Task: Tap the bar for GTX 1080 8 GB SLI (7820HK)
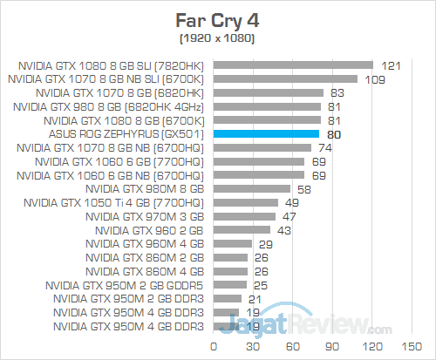click(x=293, y=65)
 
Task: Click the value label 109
click(x=374, y=78)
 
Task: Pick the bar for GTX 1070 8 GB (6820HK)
click(x=269, y=92)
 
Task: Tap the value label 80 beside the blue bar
click(x=332, y=135)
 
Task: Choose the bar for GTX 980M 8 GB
click(x=252, y=187)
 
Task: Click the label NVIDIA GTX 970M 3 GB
click(x=146, y=216)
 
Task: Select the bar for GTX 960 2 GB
click(x=242, y=230)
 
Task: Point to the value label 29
click(x=263, y=244)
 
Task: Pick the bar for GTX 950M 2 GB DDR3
click(x=227, y=298)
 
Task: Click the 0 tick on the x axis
click(x=214, y=347)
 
